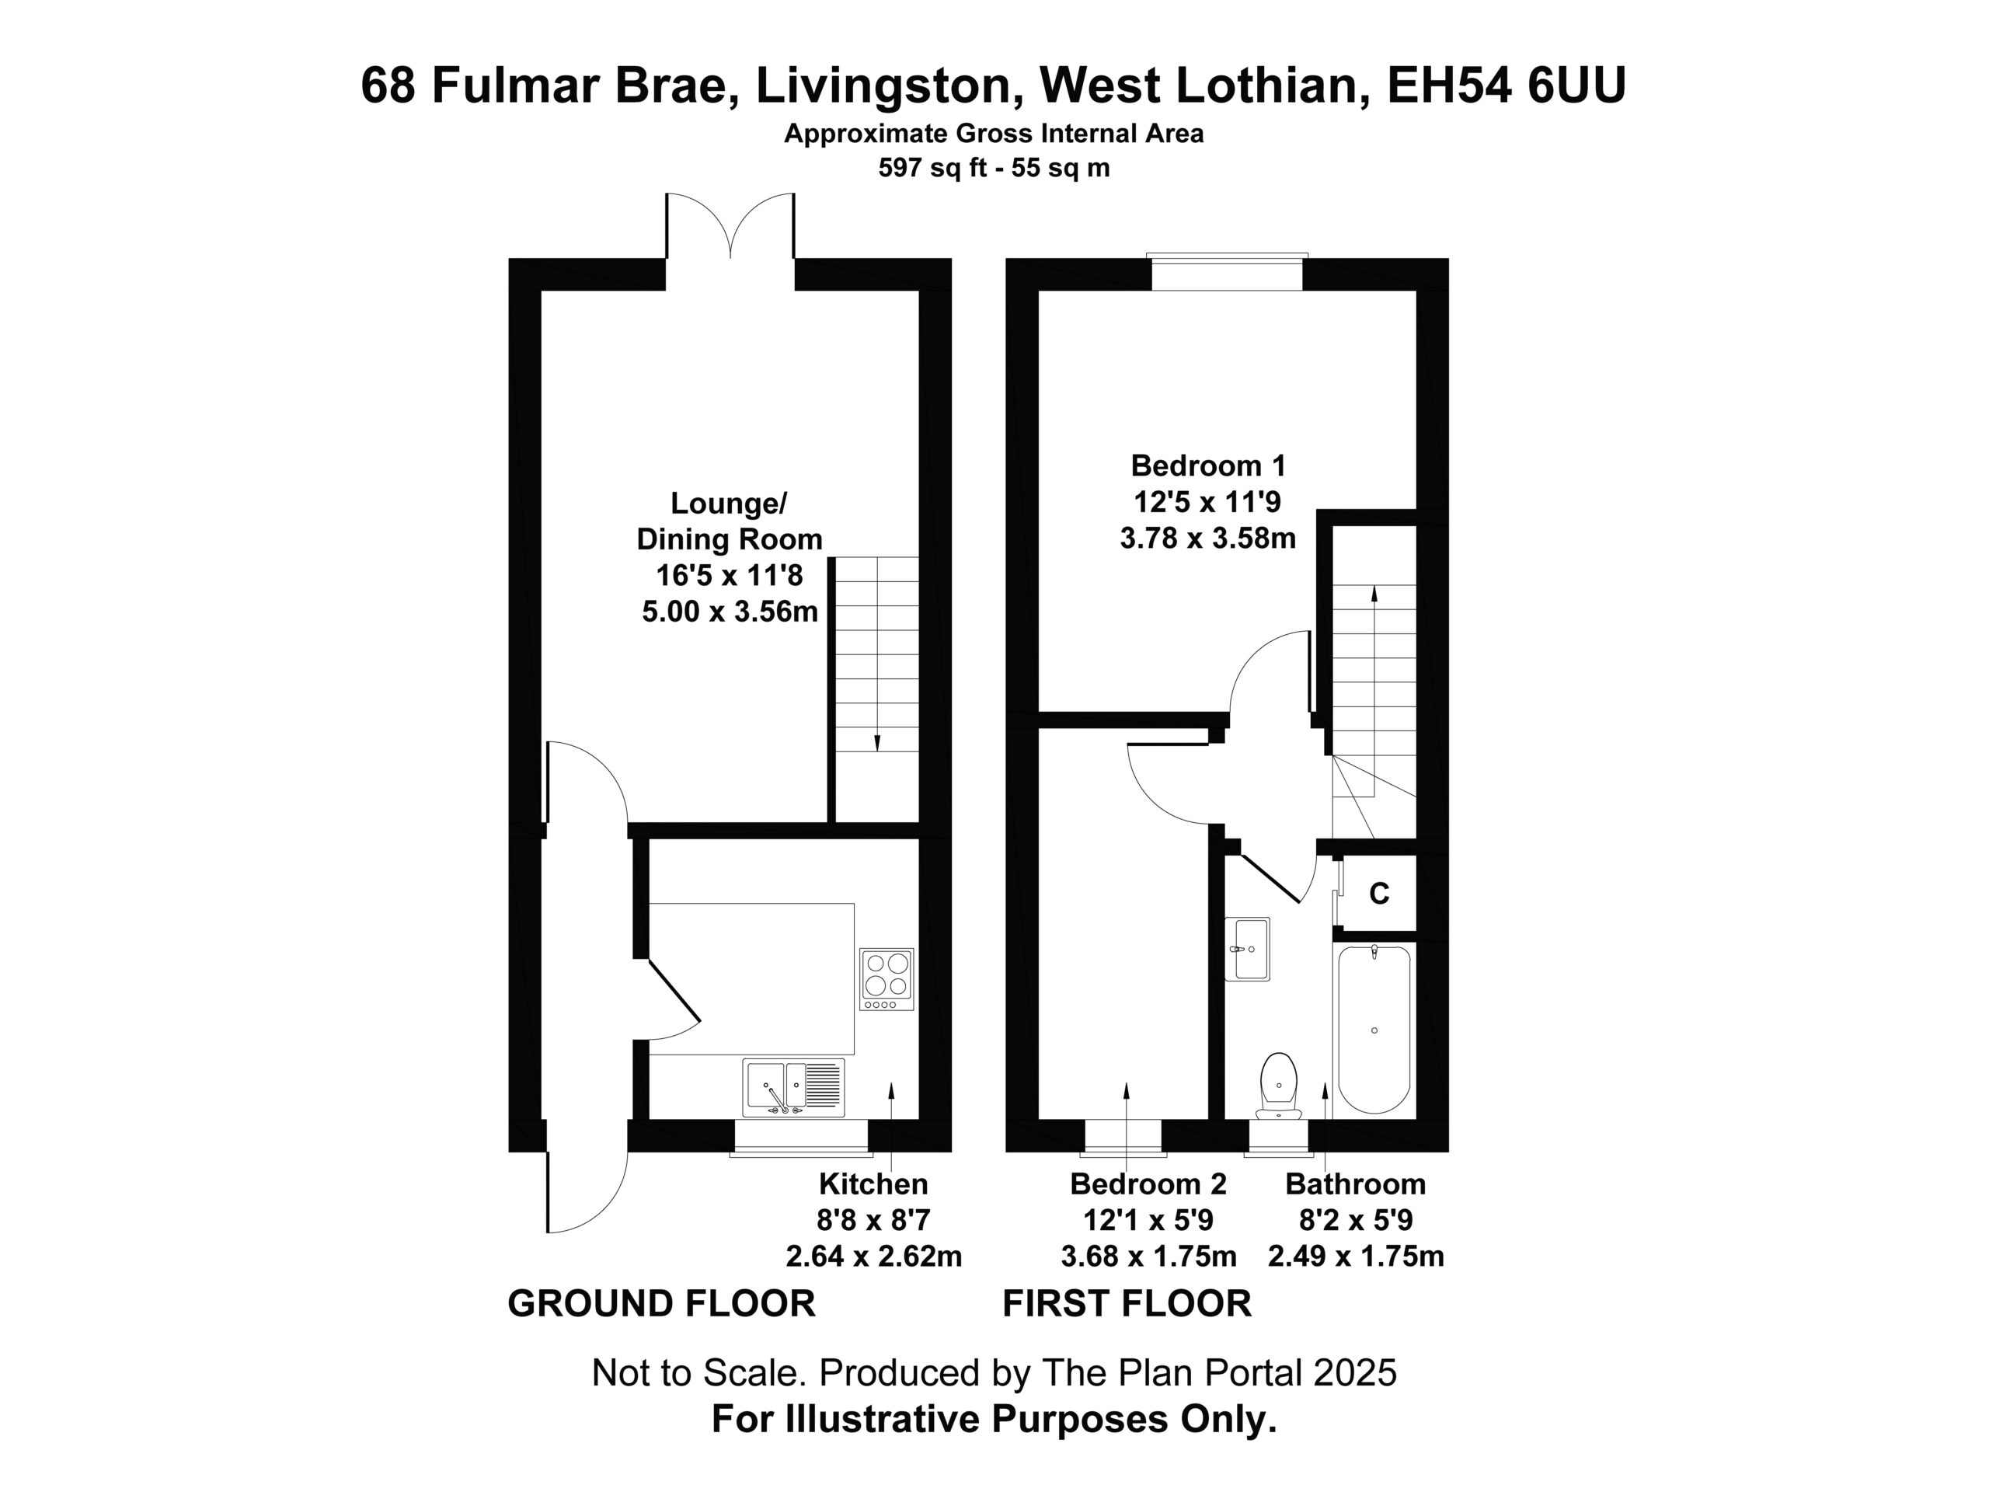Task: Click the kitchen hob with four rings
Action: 886,978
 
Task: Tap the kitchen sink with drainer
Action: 794,1087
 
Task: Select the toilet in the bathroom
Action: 1279,1086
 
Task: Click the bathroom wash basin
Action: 1247,949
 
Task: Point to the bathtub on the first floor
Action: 1374,1029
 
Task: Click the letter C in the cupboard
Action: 1378,893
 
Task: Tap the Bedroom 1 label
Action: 1207,465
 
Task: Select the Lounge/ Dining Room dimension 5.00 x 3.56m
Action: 730,612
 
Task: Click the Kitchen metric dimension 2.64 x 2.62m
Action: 873,1256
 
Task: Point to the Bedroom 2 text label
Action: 1148,1183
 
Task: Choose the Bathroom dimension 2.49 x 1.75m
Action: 1355,1256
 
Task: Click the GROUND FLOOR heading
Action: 661,1303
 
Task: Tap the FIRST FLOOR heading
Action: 1127,1303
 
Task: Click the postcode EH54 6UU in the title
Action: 1507,86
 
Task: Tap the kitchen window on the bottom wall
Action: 800,1138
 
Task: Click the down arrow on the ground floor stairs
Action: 876,655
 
